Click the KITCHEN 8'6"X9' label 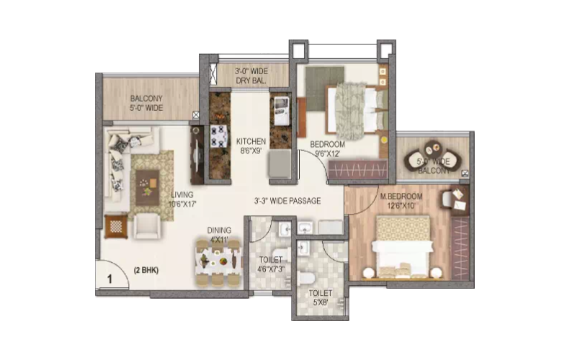(251, 146)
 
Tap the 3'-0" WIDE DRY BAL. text (251, 76)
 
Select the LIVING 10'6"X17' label (182, 199)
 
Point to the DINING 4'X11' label (219, 235)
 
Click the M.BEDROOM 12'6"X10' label (401, 201)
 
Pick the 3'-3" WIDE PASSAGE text (287, 201)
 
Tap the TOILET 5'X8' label (321, 297)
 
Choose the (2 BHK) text (146, 271)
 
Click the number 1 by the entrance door (110, 279)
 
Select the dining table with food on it (218, 263)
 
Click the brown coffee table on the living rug (147, 187)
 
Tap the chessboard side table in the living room (116, 226)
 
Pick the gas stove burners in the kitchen (218, 136)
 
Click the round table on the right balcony (432, 148)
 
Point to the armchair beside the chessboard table (146, 225)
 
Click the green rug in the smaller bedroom (325, 89)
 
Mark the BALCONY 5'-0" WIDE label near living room (146, 103)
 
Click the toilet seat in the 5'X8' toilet (307, 278)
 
